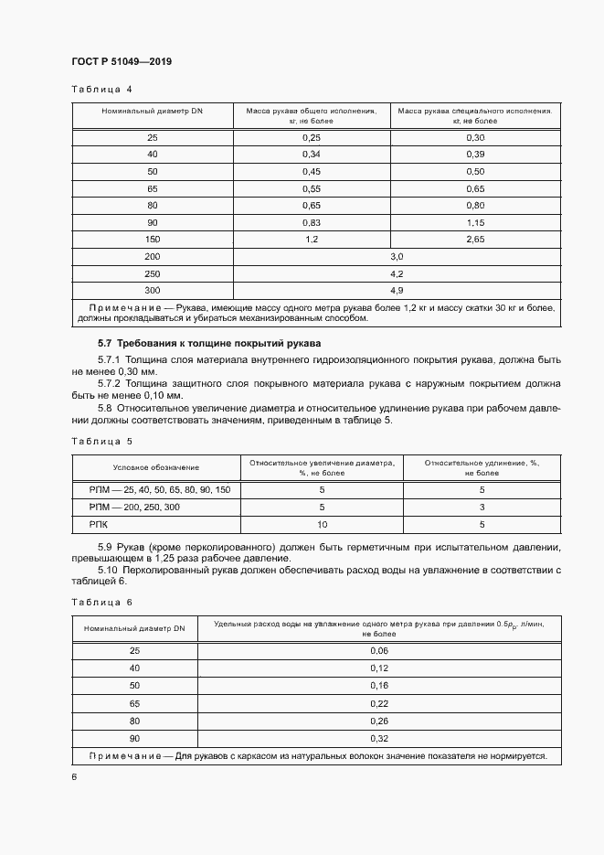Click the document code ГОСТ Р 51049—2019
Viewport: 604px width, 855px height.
[122, 61]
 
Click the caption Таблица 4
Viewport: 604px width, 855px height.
[101, 90]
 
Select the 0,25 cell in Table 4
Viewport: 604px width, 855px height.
[312, 137]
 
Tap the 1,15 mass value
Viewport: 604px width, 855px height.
[475, 222]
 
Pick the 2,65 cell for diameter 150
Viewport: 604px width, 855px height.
[475, 240]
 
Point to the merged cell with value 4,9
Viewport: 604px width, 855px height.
[397, 290]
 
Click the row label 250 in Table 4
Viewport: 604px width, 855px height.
[152, 273]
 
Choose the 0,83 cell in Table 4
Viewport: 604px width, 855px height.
[312, 222]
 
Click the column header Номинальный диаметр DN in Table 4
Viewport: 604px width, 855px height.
[152, 111]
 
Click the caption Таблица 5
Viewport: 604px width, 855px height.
[101, 441]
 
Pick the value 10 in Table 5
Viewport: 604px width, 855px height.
[322, 525]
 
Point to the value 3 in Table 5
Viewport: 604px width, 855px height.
[482, 508]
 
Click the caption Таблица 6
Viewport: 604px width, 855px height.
[101, 602]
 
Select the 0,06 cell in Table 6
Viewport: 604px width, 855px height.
[378, 650]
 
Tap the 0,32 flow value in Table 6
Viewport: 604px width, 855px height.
[378, 738]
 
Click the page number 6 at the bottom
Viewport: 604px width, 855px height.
[74, 776]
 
